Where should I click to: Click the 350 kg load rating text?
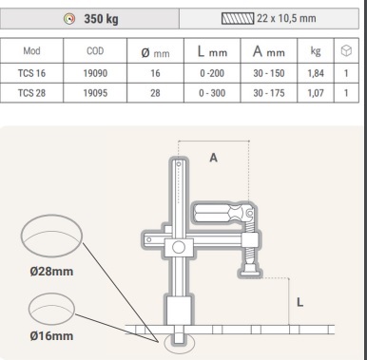pyautogui.click(x=101, y=19)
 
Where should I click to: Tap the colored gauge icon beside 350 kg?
pyautogui.click(x=69, y=19)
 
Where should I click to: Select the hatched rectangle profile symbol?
pyautogui.click(x=238, y=18)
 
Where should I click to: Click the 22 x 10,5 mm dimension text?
pyautogui.click(x=286, y=18)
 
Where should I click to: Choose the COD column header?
pyautogui.click(x=95, y=50)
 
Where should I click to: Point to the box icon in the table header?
pyautogui.click(x=346, y=50)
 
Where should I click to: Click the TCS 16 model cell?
pyautogui.click(x=31, y=73)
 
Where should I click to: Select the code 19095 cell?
pyautogui.click(x=95, y=93)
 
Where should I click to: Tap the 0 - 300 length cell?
pyautogui.click(x=212, y=93)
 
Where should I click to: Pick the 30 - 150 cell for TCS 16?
pyautogui.click(x=269, y=73)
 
